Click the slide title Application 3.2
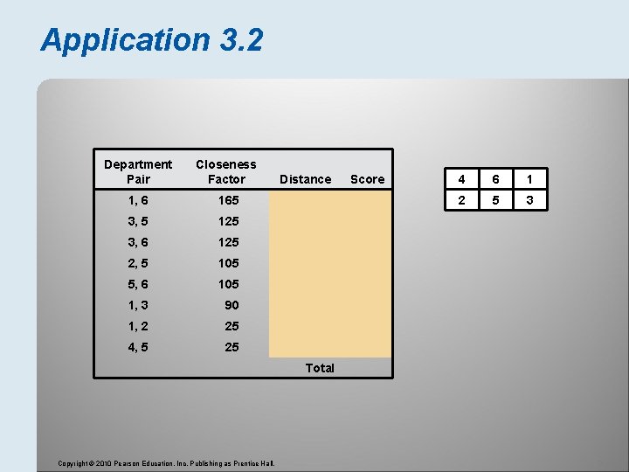click(151, 39)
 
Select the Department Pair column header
click(138, 171)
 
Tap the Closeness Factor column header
click(226, 171)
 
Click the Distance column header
click(305, 179)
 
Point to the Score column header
click(367, 179)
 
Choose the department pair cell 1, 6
click(138, 200)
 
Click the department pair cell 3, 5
click(138, 221)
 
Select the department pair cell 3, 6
click(138, 242)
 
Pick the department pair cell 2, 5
click(138, 263)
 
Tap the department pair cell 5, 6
click(138, 284)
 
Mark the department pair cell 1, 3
click(138, 305)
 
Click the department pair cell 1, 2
click(138, 326)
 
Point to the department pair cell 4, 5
click(138, 347)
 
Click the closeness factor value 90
click(231, 305)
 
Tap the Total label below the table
click(320, 368)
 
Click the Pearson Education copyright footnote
click(166, 462)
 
